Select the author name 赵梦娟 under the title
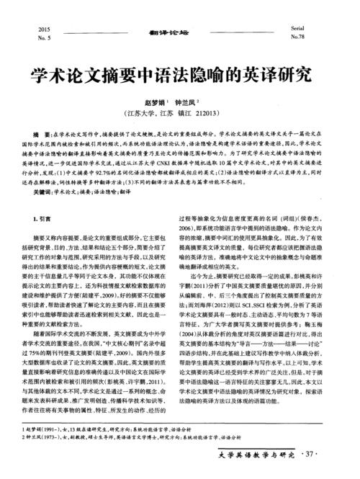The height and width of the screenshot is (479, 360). coord(154,103)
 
